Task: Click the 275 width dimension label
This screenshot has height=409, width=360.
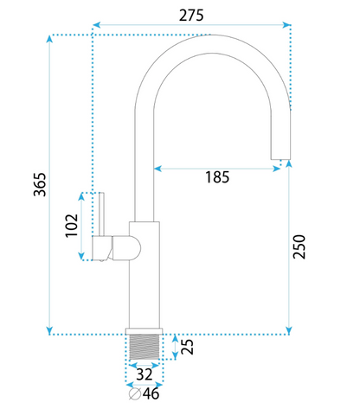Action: coord(191,16)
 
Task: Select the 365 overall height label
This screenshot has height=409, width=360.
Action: coord(40,185)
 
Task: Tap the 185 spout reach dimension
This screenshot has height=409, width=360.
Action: coord(217,177)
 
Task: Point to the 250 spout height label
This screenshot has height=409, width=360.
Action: coord(299,246)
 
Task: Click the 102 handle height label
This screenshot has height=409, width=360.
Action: coord(72,226)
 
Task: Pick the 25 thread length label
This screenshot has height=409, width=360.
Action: coord(187,347)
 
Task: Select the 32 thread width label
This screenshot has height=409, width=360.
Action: coord(145,374)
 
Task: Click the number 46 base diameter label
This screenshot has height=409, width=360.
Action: coord(151,393)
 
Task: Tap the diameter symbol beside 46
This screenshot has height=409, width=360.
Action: coord(135,394)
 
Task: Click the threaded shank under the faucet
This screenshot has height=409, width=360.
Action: coord(145,347)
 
